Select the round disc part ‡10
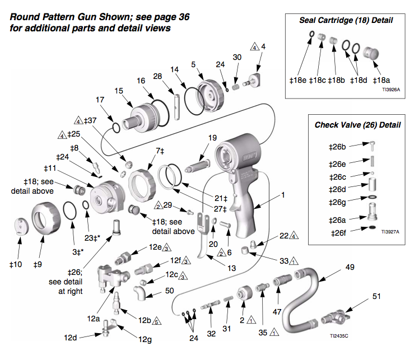[x=22, y=226]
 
